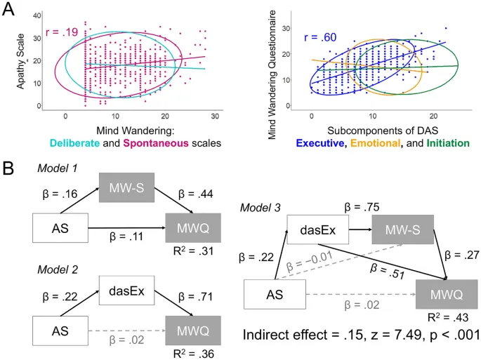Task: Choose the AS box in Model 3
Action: point(270,294)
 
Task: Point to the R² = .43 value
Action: point(447,316)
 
